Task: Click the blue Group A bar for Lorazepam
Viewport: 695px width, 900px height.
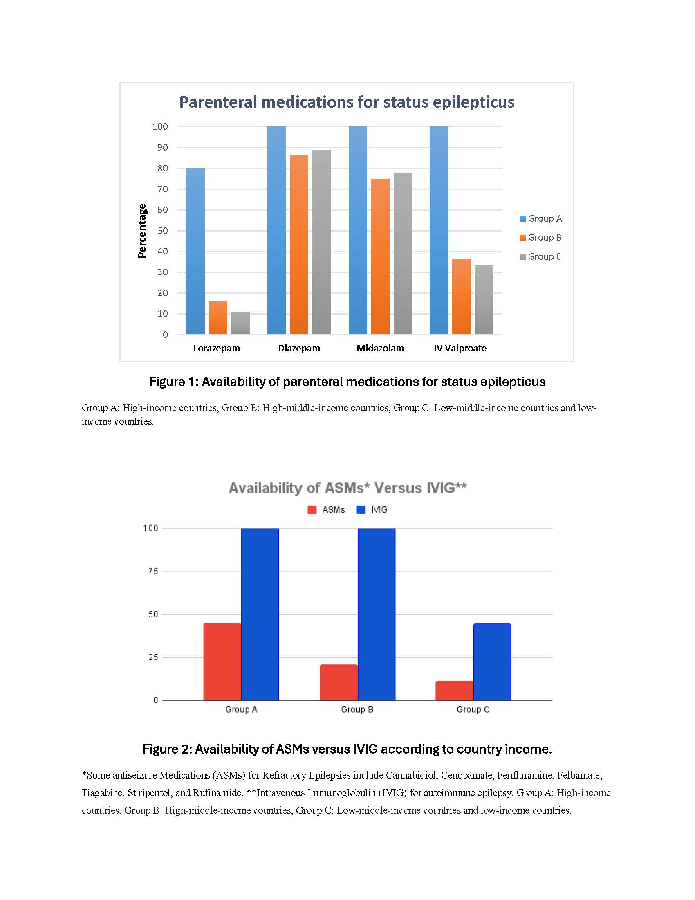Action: [x=195, y=251]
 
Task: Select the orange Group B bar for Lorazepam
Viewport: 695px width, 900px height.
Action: [x=218, y=318]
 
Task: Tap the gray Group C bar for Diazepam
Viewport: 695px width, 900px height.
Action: [x=321, y=242]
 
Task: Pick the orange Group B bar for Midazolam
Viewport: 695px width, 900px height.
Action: [x=380, y=256]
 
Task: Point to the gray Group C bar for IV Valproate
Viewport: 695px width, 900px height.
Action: [x=484, y=299]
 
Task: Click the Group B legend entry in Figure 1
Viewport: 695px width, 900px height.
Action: [x=540, y=237]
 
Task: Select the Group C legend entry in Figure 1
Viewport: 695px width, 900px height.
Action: [x=540, y=257]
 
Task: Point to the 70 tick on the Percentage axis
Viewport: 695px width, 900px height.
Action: [x=162, y=189]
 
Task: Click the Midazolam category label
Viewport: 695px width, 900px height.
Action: [x=380, y=348]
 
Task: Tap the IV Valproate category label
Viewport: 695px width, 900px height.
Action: [x=460, y=348]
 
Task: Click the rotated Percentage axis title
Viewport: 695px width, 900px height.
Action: [x=142, y=231]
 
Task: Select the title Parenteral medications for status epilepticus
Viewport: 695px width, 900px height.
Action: [x=347, y=102]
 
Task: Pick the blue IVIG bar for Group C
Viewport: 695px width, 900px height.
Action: [x=492, y=662]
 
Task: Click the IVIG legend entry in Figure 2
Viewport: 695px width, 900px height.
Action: [x=372, y=510]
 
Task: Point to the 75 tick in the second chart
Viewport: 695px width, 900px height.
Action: [x=153, y=571]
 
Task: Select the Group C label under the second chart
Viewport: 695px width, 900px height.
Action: [x=473, y=709]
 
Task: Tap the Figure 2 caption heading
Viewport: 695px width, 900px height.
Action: [x=347, y=749]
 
